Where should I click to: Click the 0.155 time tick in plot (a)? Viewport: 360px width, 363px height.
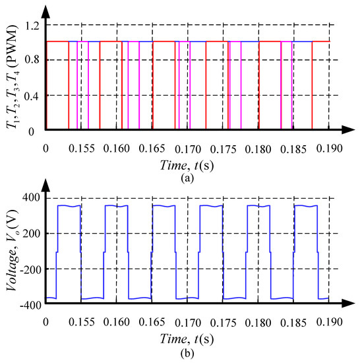[81, 148]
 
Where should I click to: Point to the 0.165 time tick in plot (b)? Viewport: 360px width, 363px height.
[152, 321]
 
